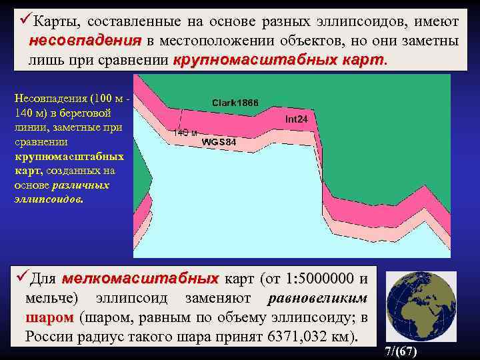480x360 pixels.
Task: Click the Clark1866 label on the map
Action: [x=235, y=103]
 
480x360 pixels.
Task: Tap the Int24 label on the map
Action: [x=296, y=119]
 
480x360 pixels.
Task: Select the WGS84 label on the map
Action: [x=218, y=142]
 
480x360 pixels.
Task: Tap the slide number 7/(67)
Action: [x=402, y=351]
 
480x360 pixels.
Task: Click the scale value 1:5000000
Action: [x=319, y=277]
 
